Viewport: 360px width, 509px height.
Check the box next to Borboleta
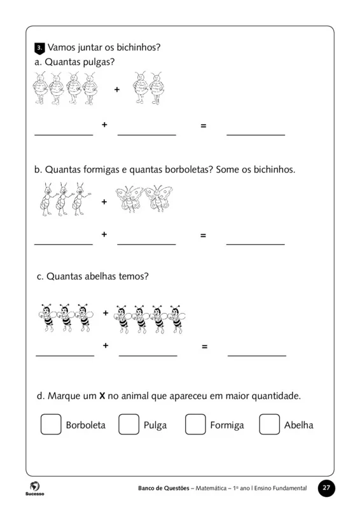point(51,424)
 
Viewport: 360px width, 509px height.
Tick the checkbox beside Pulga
point(128,424)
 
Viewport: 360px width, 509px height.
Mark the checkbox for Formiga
point(195,424)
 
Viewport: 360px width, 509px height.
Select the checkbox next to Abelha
point(269,424)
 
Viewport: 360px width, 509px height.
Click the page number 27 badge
point(326,488)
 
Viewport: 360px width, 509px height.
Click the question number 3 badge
point(39,48)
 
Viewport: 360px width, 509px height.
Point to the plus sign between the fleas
point(116,90)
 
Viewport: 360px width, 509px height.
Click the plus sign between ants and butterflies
point(104,202)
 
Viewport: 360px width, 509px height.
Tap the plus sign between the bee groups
point(106,313)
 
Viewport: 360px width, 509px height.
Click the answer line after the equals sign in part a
point(256,134)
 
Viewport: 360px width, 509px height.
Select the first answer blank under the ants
point(63,244)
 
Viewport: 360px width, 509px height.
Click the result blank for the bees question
point(256,355)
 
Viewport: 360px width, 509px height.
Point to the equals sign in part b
point(203,235)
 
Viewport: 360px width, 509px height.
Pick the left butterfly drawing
point(129,199)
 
